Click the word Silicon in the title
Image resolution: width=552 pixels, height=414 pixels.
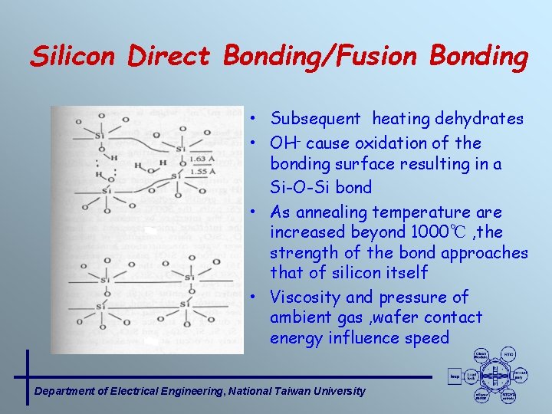tap(74, 57)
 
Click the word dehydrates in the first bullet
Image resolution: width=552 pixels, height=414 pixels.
tap(479, 119)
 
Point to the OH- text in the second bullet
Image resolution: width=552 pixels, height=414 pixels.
tap(282, 143)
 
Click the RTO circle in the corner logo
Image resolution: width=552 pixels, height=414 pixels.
tap(508, 354)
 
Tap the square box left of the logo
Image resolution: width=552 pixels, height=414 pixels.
tap(455, 376)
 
